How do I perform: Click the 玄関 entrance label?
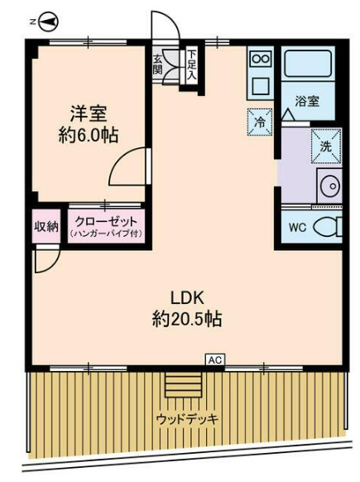pos(158,65)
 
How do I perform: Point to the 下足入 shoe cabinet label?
pos(191,65)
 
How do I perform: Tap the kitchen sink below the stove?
pos(260,84)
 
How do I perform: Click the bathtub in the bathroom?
pos(309,65)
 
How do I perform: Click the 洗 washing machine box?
pos(324,143)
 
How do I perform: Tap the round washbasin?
pos(329,186)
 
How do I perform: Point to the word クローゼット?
pos(104,221)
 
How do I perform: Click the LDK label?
pos(187,296)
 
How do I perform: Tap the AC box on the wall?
pos(215,360)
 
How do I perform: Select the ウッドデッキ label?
pos(187,419)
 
